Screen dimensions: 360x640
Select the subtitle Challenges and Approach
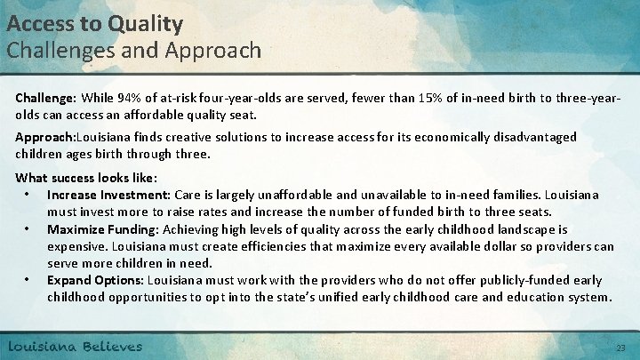(x=134, y=50)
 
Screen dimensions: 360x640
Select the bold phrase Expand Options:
(x=95, y=280)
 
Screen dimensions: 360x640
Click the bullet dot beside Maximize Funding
(x=30, y=228)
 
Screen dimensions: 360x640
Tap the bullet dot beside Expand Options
(x=30, y=280)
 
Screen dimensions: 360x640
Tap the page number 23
(x=620, y=348)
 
